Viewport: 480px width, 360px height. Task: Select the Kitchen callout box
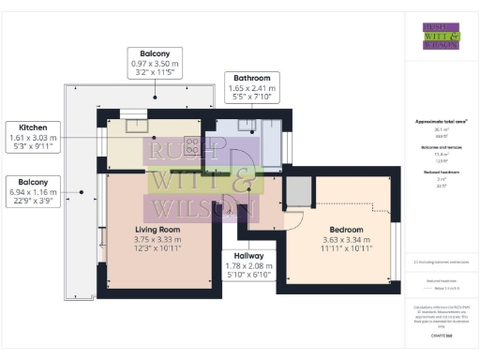(33, 136)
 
